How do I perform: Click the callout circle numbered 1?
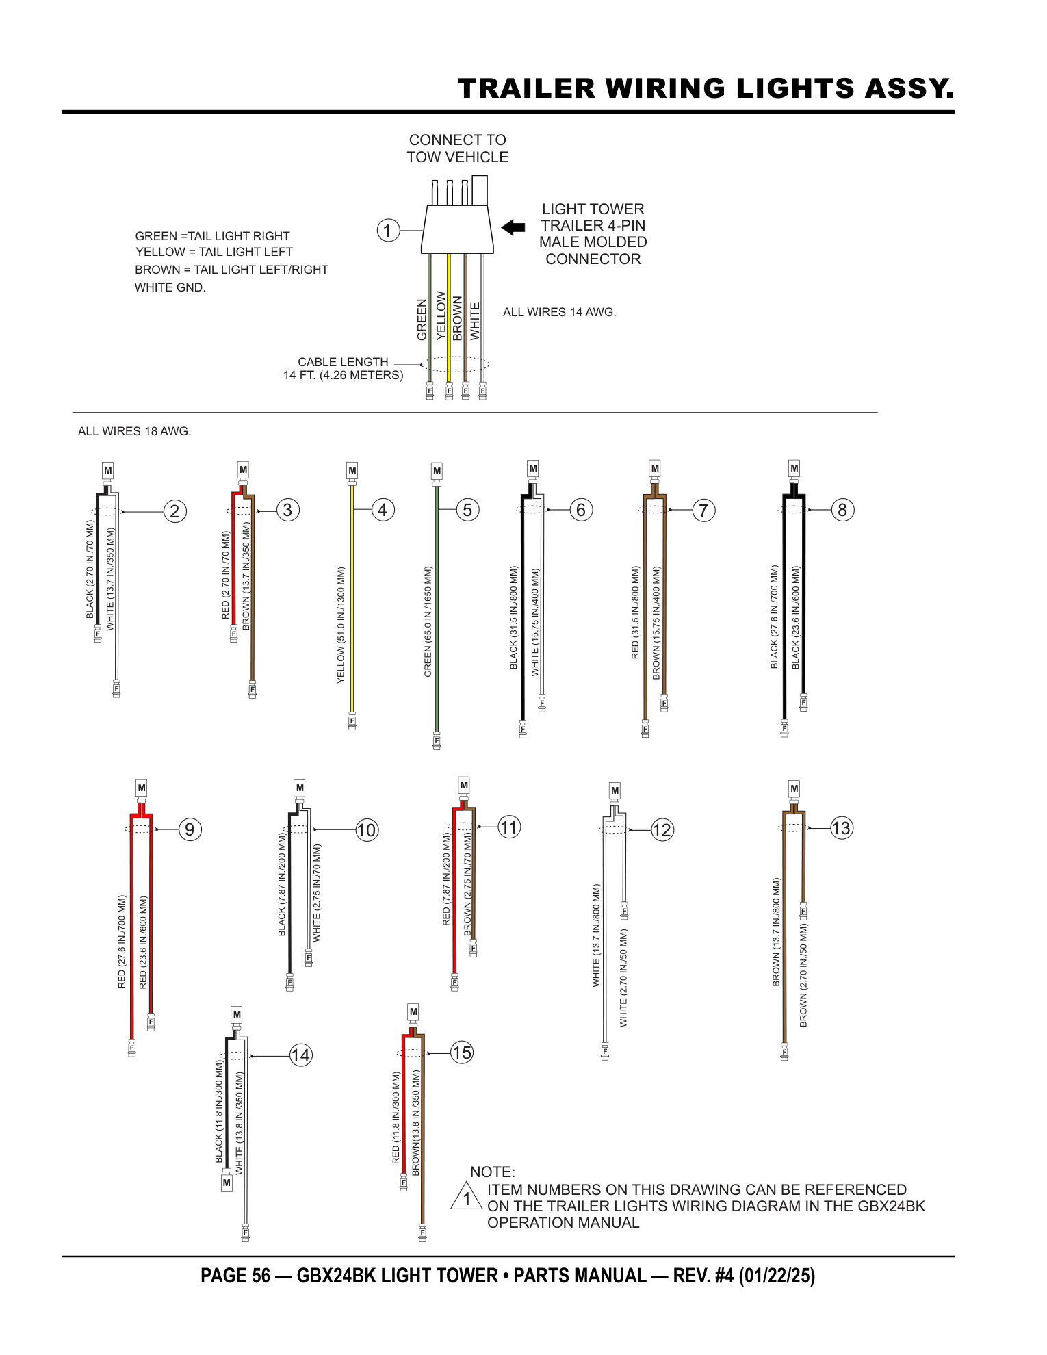(x=388, y=231)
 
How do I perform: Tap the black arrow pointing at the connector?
(x=513, y=227)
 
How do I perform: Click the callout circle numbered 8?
(x=842, y=510)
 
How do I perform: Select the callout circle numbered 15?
(x=462, y=1053)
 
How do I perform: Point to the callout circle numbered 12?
(x=662, y=830)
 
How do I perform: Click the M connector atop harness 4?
(x=352, y=470)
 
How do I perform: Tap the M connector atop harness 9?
(x=142, y=788)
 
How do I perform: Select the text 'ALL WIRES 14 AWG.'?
(x=560, y=312)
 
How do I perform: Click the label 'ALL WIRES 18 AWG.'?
(x=135, y=431)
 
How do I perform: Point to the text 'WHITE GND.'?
(x=170, y=287)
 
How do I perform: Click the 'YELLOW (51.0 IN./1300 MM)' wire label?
(x=341, y=625)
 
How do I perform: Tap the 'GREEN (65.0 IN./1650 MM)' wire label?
(x=428, y=621)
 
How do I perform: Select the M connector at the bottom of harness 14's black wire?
(x=227, y=1182)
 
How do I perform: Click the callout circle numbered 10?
(x=367, y=830)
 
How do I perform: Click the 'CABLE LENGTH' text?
(x=343, y=362)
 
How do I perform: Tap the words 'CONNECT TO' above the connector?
(x=458, y=140)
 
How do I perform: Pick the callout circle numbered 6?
(x=581, y=510)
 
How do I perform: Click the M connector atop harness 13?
(x=794, y=788)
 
